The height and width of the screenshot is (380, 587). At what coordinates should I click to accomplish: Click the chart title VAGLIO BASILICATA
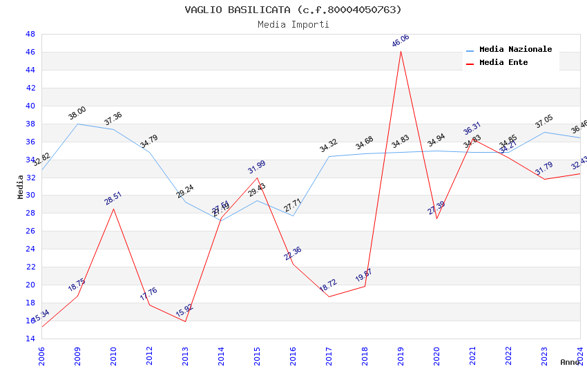click(293, 10)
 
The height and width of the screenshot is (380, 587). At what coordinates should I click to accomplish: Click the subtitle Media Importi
click(293, 24)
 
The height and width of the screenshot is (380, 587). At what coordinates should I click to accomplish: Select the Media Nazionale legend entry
click(515, 50)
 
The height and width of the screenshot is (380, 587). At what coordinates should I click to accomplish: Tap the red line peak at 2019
click(401, 51)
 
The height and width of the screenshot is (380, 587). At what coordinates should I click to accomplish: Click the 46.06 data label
click(401, 41)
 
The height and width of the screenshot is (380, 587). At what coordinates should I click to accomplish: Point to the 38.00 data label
click(77, 113)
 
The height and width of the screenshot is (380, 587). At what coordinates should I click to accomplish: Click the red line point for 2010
click(113, 209)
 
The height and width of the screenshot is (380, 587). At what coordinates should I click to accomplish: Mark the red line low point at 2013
click(185, 321)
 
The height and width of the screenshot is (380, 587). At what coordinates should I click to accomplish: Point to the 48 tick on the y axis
click(30, 34)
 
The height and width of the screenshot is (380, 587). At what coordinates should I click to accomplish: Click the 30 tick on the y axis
click(30, 196)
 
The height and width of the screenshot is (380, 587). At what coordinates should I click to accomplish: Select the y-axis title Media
click(21, 187)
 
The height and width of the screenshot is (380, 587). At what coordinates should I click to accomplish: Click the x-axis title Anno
click(570, 362)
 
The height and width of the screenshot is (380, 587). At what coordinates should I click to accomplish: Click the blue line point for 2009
click(77, 124)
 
